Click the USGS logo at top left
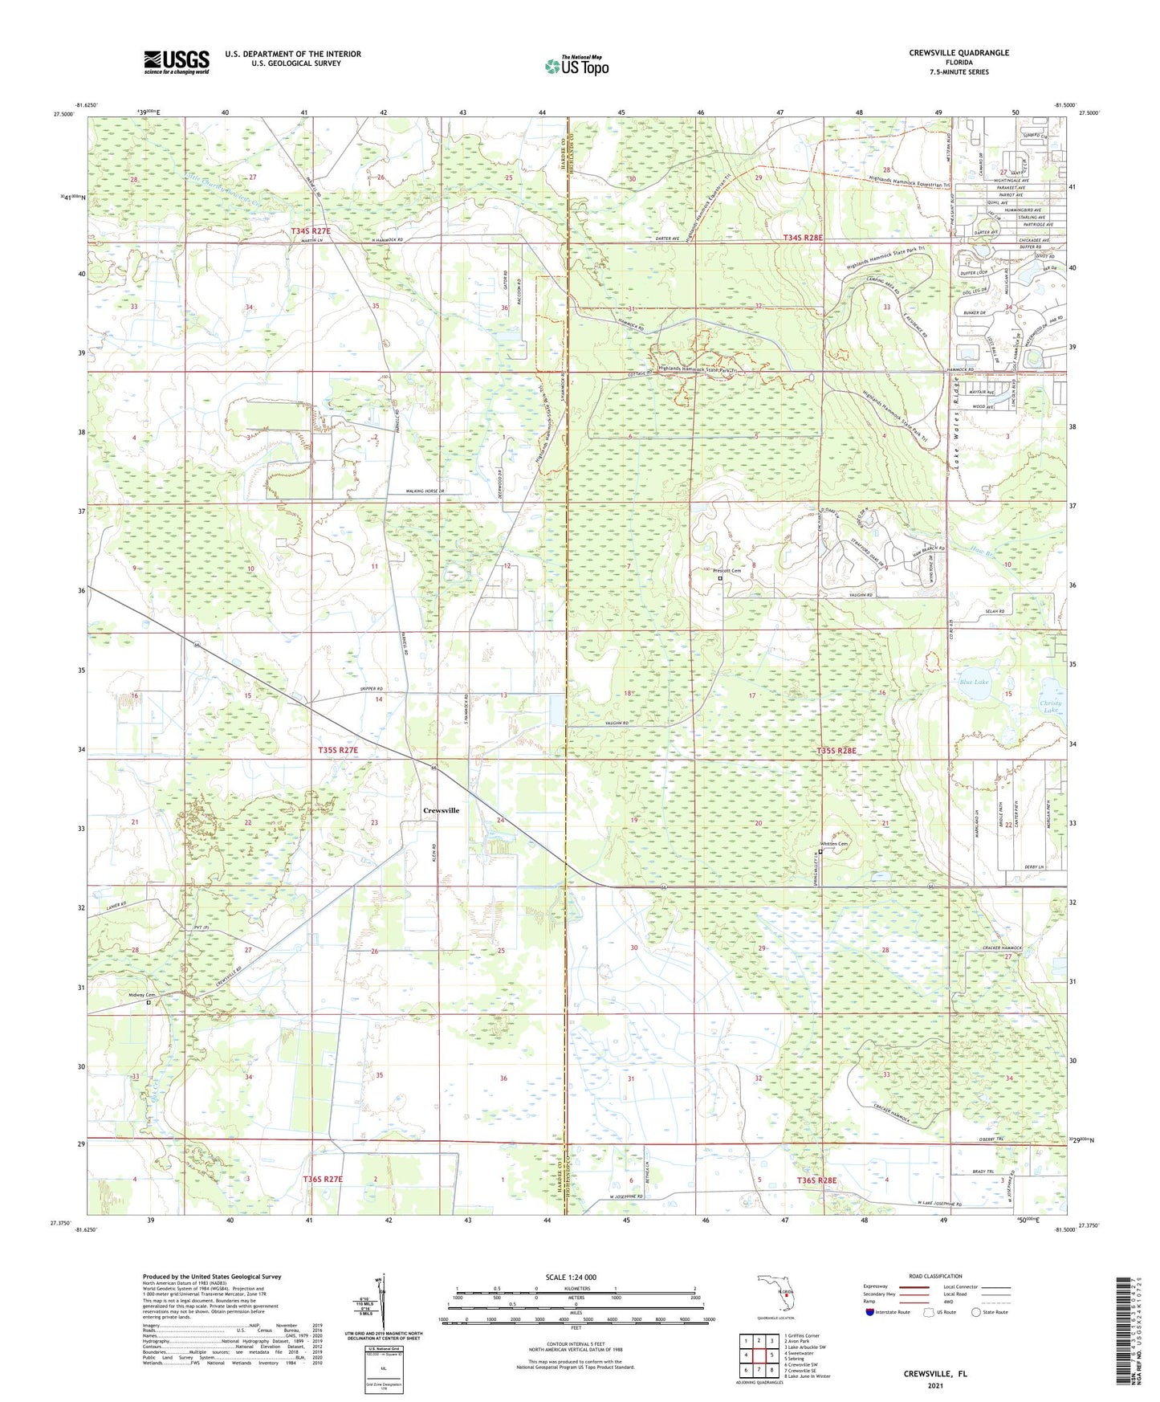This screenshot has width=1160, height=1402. coord(177,62)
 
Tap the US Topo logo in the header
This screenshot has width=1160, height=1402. coord(576,67)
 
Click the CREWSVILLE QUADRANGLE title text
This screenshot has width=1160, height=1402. coord(959,53)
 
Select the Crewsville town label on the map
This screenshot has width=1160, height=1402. coord(442,810)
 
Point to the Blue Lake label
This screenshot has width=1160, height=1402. coord(974,682)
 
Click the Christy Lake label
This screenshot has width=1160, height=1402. coord(1052,707)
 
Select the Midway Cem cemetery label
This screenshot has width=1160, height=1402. coord(141,995)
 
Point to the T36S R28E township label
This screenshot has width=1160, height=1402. coord(816,1180)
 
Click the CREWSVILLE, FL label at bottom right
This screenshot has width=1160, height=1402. coord(934,1374)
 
